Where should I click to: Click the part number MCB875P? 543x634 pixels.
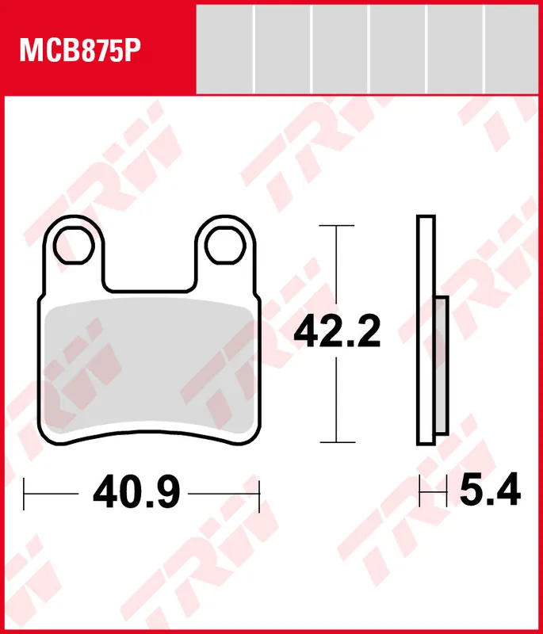pos(80,51)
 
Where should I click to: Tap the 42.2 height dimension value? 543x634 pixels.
pos(337,331)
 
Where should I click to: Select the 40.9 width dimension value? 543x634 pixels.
pos(136,491)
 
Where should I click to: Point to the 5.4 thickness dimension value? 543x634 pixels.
pos(491,490)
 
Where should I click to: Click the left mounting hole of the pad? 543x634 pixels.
pos(74,245)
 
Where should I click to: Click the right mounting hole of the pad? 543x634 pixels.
pos(225,245)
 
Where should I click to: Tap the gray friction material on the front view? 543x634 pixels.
pos(150,366)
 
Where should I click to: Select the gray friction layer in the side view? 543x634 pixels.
pos(442,365)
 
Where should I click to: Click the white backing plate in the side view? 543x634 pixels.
pos(426,330)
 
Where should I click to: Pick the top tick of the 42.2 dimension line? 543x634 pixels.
pos(336,225)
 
